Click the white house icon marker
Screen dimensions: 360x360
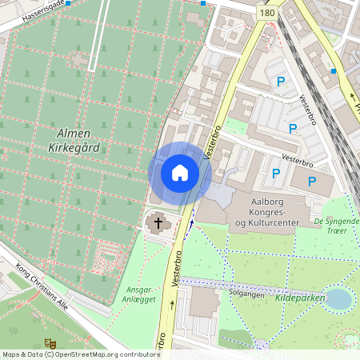click(180, 172)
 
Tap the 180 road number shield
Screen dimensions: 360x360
click(267, 14)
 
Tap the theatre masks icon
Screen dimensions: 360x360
click(50, 342)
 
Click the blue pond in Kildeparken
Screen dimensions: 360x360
click(338, 298)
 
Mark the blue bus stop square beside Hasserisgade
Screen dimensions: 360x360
click(69, 3)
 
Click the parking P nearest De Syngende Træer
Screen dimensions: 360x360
click(312, 182)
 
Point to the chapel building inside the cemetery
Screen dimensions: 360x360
click(78, 59)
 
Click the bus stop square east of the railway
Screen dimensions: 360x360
click(333, 70)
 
